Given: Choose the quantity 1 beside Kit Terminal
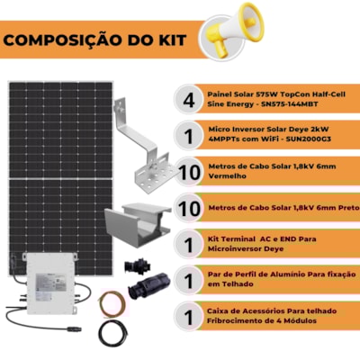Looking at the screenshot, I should pos(188,245).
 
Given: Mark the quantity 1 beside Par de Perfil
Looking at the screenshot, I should pos(188,281).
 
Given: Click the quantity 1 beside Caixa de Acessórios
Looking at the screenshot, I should pos(188,317).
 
